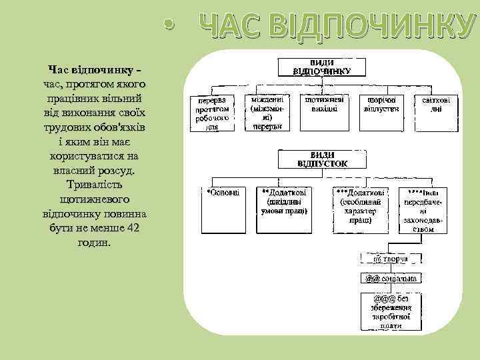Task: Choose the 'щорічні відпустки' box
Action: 381,104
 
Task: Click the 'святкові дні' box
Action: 436,104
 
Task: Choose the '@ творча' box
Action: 391,259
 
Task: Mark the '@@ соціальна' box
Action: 391,277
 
